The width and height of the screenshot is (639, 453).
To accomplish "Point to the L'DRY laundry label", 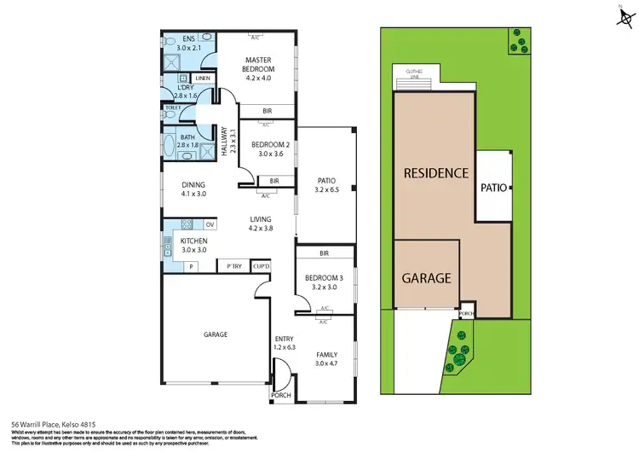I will coord(186,93).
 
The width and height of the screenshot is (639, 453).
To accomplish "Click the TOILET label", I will coord(173,107).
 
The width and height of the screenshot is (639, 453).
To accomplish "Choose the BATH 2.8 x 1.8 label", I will coord(187,141).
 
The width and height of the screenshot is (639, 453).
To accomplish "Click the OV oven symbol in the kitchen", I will coord(210,224).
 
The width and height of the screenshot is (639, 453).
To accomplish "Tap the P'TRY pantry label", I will coord(232,267).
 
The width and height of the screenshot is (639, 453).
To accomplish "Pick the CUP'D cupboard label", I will coord(262,267).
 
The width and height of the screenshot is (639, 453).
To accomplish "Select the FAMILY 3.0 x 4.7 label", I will coord(326,359).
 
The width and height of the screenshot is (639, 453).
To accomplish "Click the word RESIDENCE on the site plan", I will coord(436,172).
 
